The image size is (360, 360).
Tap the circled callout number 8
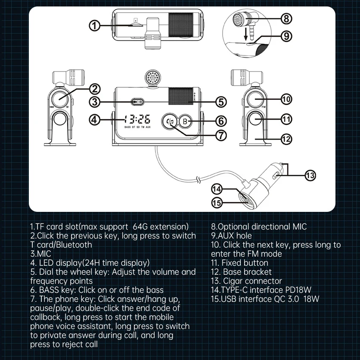pos(286,19)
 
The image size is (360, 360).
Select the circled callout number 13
pos(310,175)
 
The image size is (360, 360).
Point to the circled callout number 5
pos(221,102)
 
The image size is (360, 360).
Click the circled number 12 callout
pos(286,139)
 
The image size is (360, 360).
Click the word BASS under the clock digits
pos(128,127)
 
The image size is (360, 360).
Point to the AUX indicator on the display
pos(148,127)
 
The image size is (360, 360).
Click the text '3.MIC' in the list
pos(40,254)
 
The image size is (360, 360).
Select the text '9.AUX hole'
pos(231,236)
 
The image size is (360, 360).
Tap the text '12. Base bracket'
pos(241,272)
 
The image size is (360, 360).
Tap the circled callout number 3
pos(95,102)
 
